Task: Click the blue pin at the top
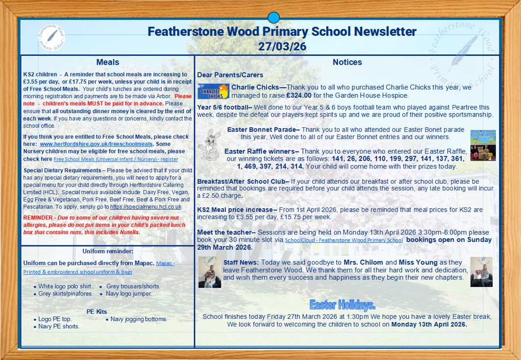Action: (x=273, y=18)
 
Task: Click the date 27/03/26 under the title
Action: (x=282, y=46)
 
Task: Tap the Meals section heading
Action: (x=108, y=62)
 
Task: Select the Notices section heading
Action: (x=347, y=62)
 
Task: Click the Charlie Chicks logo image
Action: (x=213, y=92)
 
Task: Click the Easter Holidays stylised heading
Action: (x=342, y=305)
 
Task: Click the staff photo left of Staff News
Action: (x=210, y=272)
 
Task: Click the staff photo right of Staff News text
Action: (x=481, y=272)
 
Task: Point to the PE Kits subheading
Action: (x=97, y=312)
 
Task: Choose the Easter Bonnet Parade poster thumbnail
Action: (x=483, y=137)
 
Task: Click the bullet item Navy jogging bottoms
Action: (x=139, y=319)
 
